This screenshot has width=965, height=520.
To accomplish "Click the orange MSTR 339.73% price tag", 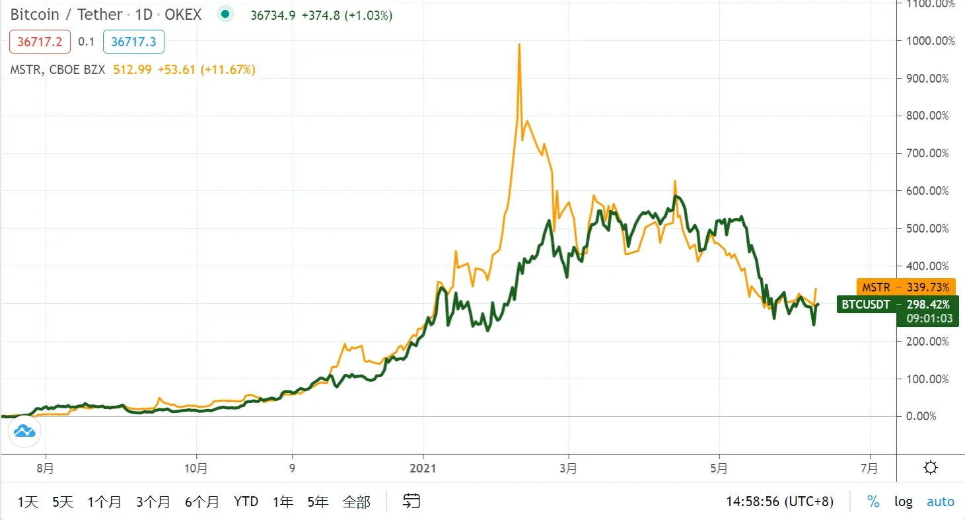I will click(906, 287).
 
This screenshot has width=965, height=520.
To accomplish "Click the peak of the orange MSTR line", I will click(519, 44).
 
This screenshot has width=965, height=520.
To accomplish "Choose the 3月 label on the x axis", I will click(568, 468).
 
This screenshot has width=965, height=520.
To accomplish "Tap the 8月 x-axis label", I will click(46, 468).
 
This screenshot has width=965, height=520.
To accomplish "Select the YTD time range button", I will click(246, 502).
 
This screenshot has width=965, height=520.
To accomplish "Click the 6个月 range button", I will click(201, 502).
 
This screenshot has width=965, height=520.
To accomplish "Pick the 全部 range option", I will click(356, 502).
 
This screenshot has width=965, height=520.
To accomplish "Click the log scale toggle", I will click(903, 502).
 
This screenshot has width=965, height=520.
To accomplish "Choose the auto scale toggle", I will click(941, 502).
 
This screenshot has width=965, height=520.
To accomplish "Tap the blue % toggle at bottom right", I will click(873, 502).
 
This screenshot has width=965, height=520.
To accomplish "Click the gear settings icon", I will click(931, 468).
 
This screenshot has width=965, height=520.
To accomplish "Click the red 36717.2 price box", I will click(40, 42).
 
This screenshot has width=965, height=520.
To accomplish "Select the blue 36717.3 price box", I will click(133, 42).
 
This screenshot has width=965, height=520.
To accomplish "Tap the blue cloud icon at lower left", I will click(24, 432).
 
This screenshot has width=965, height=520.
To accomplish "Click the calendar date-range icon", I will click(411, 502).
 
